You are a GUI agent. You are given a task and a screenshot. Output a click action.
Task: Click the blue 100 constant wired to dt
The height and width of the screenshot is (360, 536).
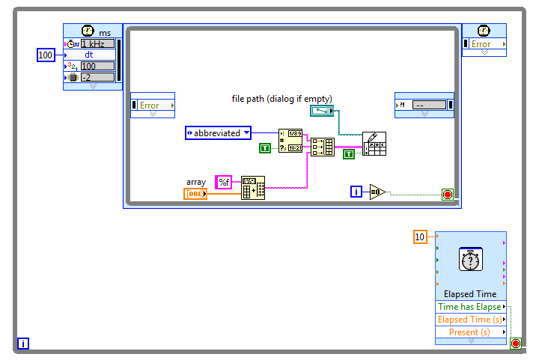(x=46, y=55)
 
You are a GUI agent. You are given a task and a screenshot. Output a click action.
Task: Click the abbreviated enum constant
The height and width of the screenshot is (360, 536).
(x=218, y=133)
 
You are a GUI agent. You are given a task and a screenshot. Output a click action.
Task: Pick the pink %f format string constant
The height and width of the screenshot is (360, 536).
(x=224, y=183)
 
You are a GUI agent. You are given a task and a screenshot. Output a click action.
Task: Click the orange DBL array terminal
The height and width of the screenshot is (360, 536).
(x=195, y=194)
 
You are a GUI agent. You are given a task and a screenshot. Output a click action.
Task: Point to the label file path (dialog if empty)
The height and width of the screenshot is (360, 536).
(x=281, y=99)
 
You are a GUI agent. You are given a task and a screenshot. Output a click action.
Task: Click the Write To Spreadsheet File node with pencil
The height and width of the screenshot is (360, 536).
(x=374, y=143)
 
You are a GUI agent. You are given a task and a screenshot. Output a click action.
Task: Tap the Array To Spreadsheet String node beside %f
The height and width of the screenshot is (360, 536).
(x=253, y=187)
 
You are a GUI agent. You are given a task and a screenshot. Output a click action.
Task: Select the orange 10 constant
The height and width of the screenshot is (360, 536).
(x=420, y=237)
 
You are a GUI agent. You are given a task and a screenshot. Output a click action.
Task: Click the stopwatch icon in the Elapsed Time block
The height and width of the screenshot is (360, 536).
(x=470, y=259)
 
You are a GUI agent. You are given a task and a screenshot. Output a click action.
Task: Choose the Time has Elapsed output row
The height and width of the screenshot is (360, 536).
(x=469, y=307)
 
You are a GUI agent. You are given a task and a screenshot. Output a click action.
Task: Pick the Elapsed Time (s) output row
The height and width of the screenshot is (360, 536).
(x=469, y=320)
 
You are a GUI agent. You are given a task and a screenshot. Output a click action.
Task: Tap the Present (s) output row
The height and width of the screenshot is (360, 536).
(x=469, y=332)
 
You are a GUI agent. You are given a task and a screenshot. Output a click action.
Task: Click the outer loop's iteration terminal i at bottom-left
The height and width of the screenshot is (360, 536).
(x=23, y=344)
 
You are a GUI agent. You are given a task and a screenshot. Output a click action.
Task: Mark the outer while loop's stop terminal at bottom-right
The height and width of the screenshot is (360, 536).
(x=515, y=343)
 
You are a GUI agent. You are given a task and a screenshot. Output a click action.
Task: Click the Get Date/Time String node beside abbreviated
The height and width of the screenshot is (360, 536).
(x=290, y=140)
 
